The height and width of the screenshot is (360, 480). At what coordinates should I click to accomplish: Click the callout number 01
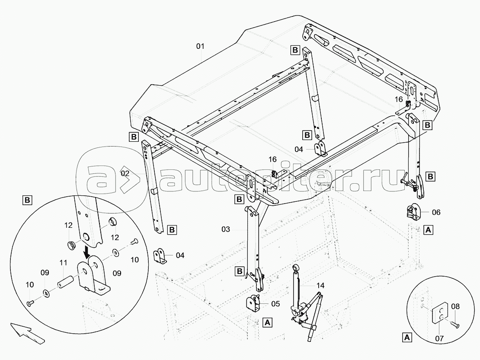pyautogui.click(x=200, y=46)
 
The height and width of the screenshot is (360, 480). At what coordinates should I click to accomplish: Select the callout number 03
pyautogui.click(x=226, y=229)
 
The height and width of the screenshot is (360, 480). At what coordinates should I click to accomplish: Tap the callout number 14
pyautogui.click(x=320, y=285)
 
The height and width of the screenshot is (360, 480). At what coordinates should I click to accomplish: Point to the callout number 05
pyautogui.click(x=275, y=304)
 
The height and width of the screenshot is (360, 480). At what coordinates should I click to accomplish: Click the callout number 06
pyautogui.click(x=436, y=212)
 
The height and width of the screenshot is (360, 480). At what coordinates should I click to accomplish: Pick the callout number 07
pyautogui.click(x=439, y=338)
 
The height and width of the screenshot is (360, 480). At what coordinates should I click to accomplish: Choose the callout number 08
pyautogui.click(x=455, y=306)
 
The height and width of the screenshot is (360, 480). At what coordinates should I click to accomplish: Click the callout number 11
pyautogui.click(x=64, y=262)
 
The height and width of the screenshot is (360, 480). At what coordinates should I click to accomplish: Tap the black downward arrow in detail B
pyautogui.click(x=87, y=252)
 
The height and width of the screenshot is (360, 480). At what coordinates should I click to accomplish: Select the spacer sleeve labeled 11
pyautogui.click(x=64, y=283)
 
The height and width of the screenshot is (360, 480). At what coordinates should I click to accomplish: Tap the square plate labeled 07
pyautogui.click(x=440, y=313)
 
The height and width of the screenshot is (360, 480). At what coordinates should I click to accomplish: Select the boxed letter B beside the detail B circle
pyautogui.click(x=27, y=201)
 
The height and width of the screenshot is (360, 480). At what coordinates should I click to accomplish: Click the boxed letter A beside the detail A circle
pyautogui.click(x=407, y=338)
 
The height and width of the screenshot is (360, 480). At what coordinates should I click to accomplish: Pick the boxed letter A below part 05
pyautogui.click(x=268, y=322)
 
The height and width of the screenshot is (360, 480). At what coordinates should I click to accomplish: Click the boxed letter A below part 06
pyautogui.click(x=428, y=229)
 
